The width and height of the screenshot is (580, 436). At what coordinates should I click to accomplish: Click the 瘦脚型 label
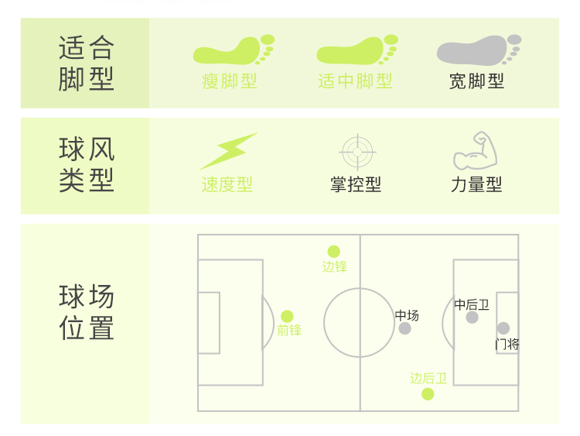click(x=229, y=81)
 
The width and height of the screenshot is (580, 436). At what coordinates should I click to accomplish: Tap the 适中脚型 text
click(x=355, y=81)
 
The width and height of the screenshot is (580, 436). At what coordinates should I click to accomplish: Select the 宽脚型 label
click(x=476, y=81)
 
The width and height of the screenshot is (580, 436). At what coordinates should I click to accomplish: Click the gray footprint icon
click(x=479, y=50)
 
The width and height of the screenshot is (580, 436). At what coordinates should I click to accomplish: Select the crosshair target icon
click(x=357, y=152)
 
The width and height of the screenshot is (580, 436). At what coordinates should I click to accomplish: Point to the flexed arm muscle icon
click(x=475, y=151)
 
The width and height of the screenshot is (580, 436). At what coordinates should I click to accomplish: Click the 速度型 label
click(x=227, y=185)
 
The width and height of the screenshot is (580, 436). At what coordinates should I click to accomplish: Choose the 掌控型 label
click(x=356, y=185)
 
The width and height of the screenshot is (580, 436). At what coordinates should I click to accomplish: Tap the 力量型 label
click(x=476, y=185)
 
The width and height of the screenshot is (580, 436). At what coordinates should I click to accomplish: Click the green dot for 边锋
click(x=333, y=252)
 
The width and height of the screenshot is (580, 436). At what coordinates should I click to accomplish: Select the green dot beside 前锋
click(x=287, y=316)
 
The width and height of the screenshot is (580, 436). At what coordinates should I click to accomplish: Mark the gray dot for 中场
click(x=405, y=328)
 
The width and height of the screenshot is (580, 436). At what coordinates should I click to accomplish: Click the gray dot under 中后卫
click(x=472, y=318)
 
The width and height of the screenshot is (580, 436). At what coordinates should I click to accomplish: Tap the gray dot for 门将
click(x=503, y=328)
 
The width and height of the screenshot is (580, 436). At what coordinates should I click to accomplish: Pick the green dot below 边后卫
click(x=428, y=394)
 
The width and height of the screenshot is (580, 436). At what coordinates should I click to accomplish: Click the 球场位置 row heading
click(x=87, y=312)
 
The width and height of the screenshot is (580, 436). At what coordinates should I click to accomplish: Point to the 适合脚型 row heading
click(x=87, y=64)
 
